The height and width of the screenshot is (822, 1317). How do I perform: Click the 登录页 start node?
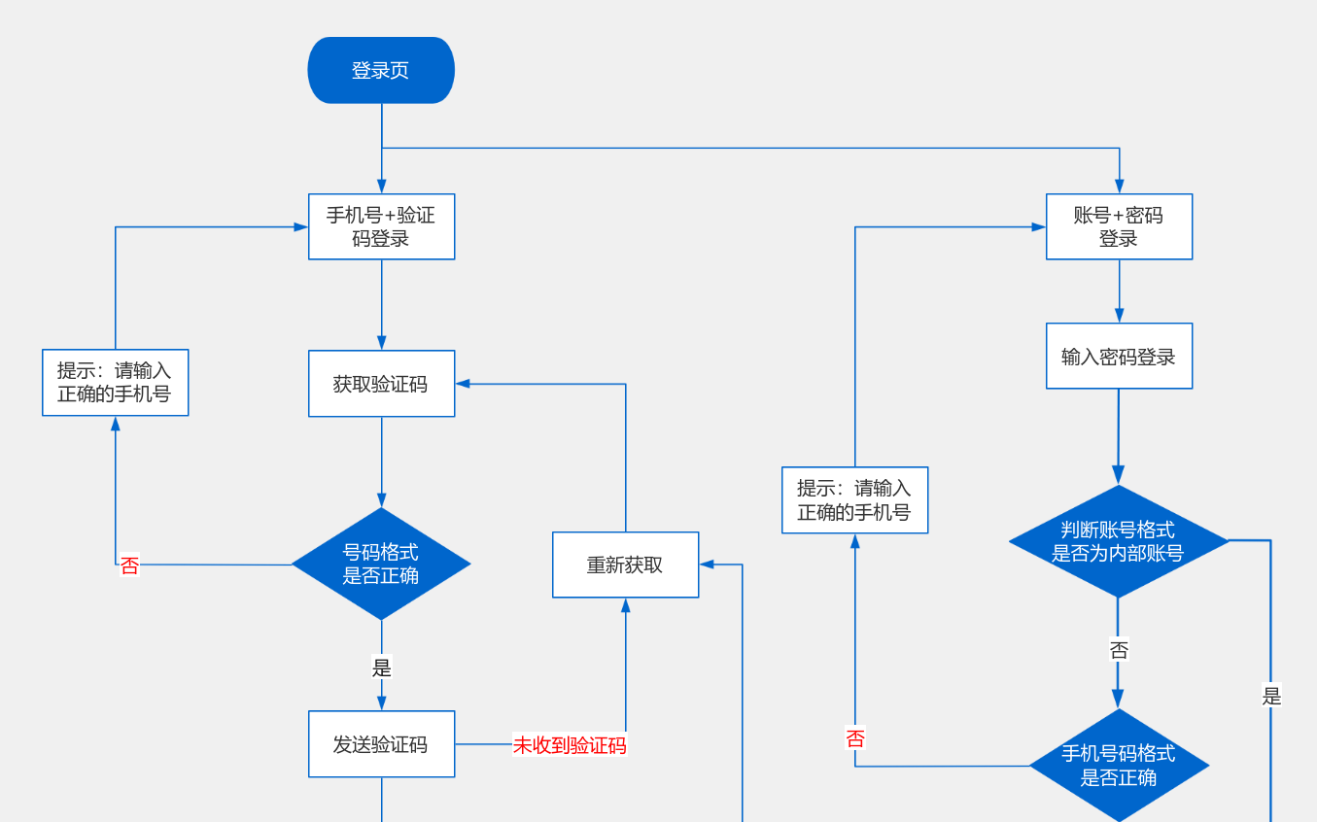(x=381, y=71)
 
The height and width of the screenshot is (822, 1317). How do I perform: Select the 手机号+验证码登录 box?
(x=382, y=226)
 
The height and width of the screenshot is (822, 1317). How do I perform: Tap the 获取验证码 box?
(x=382, y=384)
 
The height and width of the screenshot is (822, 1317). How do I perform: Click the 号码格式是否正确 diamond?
(x=381, y=565)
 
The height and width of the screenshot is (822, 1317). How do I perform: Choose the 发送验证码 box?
(x=382, y=744)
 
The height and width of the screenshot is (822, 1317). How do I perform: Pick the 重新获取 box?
(x=626, y=565)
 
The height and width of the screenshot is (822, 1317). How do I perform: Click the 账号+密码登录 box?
(x=1119, y=226)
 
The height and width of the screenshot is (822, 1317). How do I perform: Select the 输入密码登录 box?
(x=1119, y=356)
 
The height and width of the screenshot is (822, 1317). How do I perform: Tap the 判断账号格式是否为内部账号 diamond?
(x=1119, y=541)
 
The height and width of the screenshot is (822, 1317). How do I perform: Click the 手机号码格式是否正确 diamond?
(x=1119, y=766)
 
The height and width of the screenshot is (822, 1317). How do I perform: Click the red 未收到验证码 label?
(x=570, y=745)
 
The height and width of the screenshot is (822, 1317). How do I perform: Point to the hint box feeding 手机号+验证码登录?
(x=116, y=383)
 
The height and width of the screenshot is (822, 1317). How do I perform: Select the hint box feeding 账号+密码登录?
(x=855, y=500)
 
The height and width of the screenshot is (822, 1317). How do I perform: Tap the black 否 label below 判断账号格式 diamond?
(x=1119, y=650)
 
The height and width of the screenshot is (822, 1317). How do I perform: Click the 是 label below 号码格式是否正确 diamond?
(x=382, y=668)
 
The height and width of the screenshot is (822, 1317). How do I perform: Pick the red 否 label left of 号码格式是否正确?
(x=130, y=565)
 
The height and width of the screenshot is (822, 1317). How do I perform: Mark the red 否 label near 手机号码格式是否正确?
(x=855, y=738)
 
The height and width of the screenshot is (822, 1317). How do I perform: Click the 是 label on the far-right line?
(x=1271, y=697)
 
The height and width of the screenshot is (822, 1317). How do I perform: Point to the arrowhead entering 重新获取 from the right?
(x=707, y=565)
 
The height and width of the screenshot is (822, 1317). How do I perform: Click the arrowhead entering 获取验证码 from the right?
(x=463, y=384)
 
